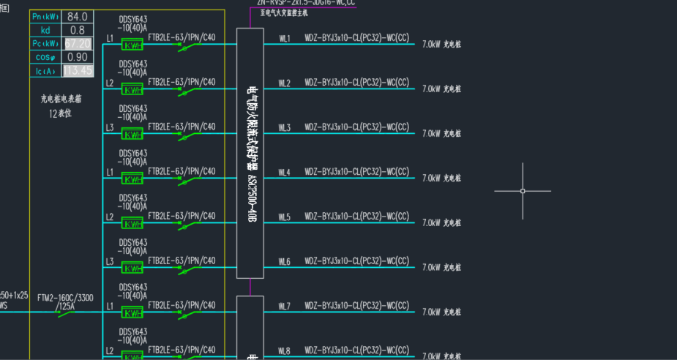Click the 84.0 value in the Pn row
click(76, 17)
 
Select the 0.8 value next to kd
click(76, 30)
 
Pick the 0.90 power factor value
click(76, 57)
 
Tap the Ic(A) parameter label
click(45, 71)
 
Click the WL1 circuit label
click(284, 38)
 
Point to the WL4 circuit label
click(284, 173)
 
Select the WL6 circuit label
click(284, 262)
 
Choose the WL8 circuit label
click(284, 351)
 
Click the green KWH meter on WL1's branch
click(132, 45)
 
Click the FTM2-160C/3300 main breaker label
click(64, 298)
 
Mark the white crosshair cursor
click(523, 191)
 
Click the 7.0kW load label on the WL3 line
click(441, 134)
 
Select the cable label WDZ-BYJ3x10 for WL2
click(356, 82)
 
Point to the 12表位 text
click(60, 113)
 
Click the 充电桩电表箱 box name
click(60, 98)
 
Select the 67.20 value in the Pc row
click(77, 44)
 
